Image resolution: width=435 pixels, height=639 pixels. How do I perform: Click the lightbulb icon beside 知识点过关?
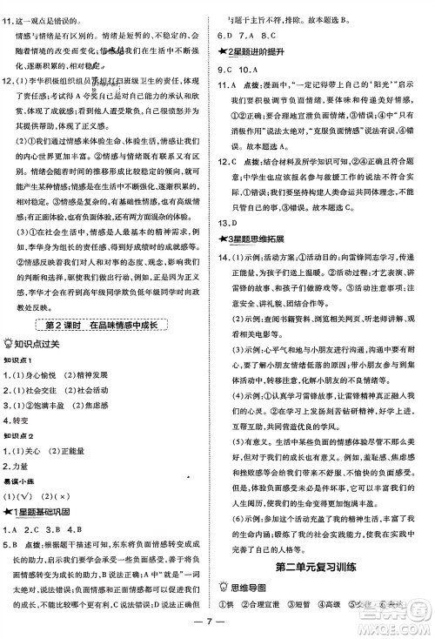point(10,342)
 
